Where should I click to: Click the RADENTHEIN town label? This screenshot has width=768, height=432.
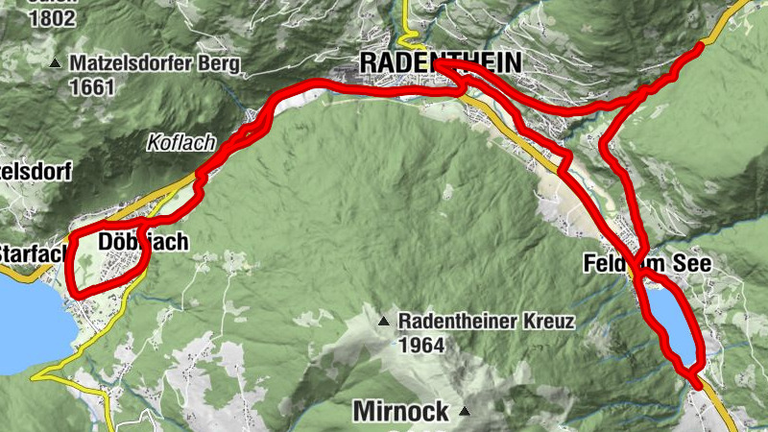(x=441, y=62)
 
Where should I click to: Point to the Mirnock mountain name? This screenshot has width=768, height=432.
(x=401, y=412)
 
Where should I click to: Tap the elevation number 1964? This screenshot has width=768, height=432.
(x=422, y=345)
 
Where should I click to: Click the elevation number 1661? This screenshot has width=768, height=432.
(x=91, y=88)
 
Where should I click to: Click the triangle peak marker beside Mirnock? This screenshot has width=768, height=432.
(x=466, y=412)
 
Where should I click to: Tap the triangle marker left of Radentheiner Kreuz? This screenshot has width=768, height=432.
(x=384, y=321)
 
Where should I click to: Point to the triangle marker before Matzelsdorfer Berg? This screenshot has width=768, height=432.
(x=56, y=64)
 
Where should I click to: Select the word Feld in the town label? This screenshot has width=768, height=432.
(x=605, y=264)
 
